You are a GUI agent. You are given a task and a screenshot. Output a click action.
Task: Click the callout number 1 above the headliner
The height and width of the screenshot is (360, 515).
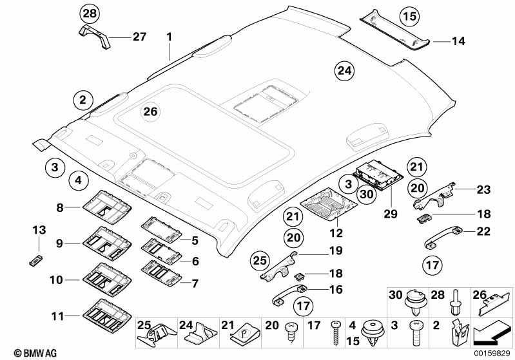(x=170, y=37)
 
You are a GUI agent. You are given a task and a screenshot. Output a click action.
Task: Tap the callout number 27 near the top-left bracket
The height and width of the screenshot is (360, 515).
(x=140, y=37)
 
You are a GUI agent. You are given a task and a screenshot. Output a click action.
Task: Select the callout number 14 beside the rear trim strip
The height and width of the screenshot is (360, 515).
(x=458, y=41)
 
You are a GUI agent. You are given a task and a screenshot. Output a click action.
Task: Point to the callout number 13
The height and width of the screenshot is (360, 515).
(x=39, y=231)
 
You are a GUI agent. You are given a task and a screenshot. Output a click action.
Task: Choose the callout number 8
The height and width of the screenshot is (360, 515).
(x=60, y=207)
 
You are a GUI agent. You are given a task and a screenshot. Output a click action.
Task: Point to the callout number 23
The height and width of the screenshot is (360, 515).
(x=483, y=189)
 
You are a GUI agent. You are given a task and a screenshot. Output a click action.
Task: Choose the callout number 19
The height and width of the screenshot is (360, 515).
(x=335, y=251)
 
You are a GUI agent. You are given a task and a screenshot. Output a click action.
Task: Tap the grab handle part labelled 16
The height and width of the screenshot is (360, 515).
(x=287, y=298)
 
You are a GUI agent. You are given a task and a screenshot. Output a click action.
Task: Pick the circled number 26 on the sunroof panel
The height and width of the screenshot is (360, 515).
(x=150, y=112)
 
